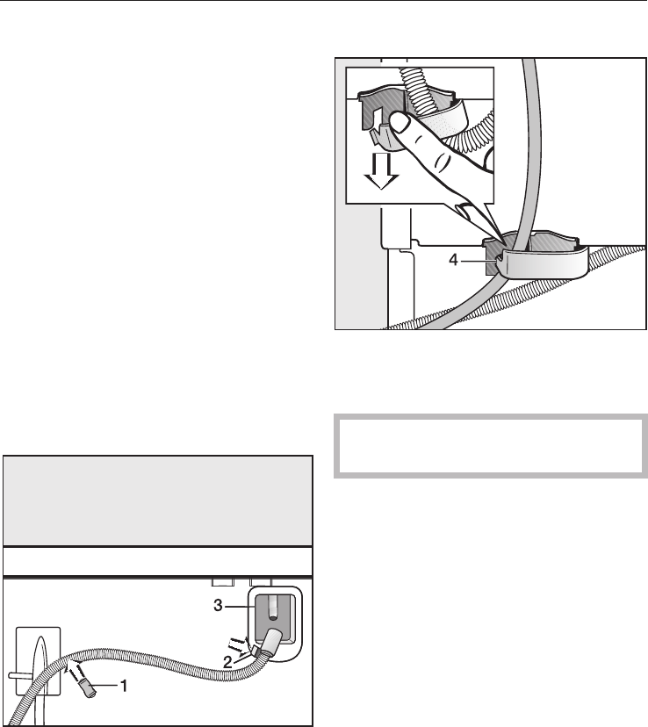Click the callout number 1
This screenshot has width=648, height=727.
(x=123, y=686)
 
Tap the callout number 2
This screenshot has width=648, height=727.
(x=227, y=663)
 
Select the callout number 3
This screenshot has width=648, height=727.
(x=218, y=606)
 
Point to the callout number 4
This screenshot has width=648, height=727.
(x=453, y=260)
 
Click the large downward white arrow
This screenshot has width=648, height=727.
(x=381, y=170)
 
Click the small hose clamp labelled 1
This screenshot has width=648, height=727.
(x=87, y=687)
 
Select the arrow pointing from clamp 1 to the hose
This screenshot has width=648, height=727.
(x=73, y=670)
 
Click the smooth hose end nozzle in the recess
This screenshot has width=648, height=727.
(x=270, y=643)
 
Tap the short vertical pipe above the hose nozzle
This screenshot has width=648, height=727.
(x=274, y=608)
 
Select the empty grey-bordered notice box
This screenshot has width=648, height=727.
(x=491, y=445)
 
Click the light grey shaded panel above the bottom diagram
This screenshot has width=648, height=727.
(x=157, y=500)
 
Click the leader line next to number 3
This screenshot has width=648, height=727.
(x=238, y=606)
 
